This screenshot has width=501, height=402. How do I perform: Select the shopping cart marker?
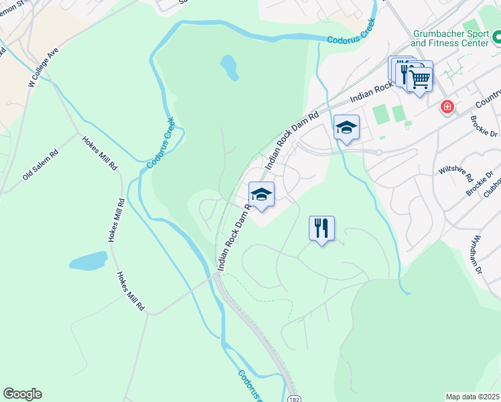pos(420,79)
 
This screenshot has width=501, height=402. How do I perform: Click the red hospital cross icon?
pos(447,107)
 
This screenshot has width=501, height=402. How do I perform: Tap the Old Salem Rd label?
pos(40,165)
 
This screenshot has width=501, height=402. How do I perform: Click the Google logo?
pos(22,394)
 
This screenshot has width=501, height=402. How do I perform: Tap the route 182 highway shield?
pos(295,398)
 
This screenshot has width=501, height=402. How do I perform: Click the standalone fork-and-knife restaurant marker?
pos(321,228)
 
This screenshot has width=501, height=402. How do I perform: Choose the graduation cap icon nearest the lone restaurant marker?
pos(261,194)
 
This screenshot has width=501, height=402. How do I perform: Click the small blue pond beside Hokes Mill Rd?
pos(88,261)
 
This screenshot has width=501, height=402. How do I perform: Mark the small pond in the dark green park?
pos(229,68)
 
